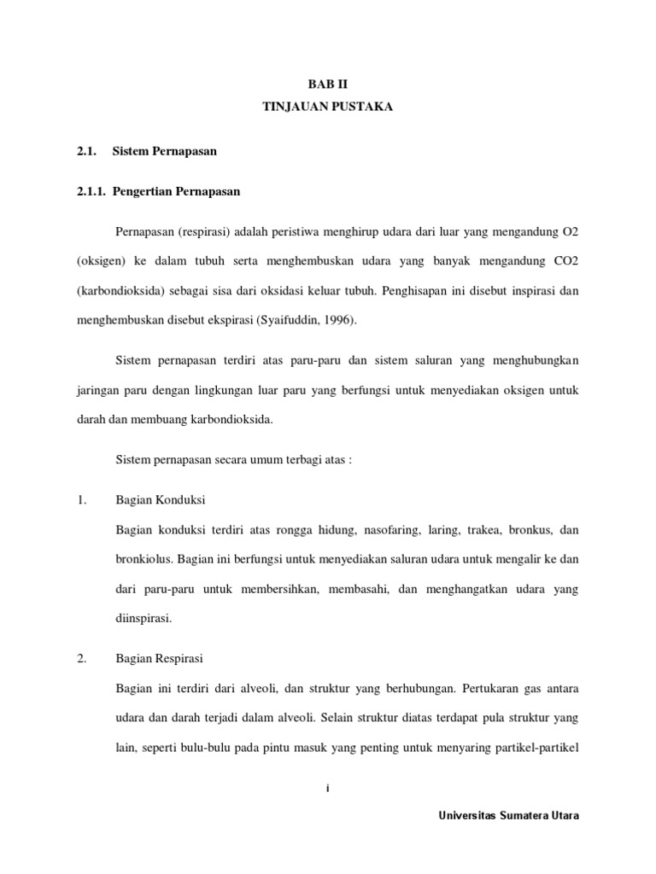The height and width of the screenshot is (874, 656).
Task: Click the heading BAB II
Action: click(x=328, y=84)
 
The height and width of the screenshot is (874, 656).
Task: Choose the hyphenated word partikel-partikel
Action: click(x=536, y=747)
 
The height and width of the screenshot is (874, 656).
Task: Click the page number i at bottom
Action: click(x=327, y=790)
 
